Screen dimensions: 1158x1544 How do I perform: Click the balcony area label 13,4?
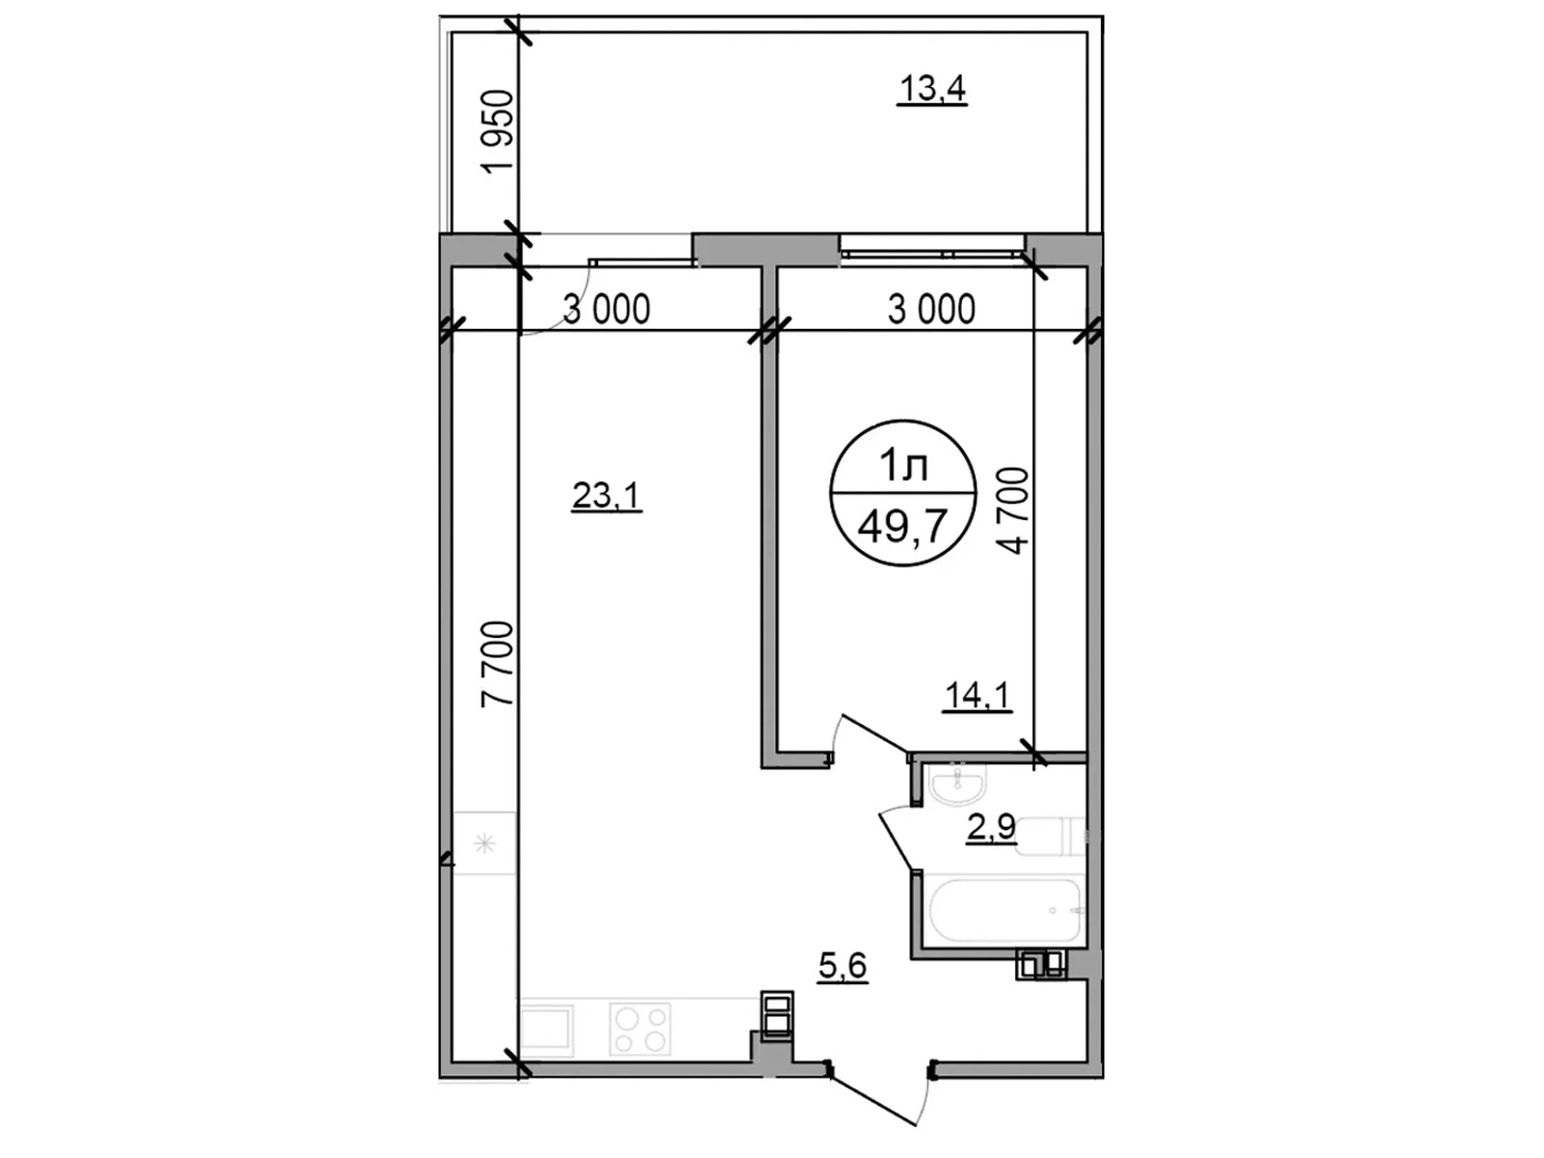[x=932, y=90]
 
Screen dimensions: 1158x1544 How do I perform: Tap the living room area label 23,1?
[x=607, y=496]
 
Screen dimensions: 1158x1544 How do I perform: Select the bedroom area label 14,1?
[x=978, y=695]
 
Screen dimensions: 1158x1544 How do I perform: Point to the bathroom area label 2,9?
[x=991, y=828]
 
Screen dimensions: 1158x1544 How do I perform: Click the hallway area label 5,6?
[x=842, y=965]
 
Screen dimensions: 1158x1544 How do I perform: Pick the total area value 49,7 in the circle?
[x=902, y=528]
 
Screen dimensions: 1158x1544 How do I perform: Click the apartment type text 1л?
[x=903, y=467]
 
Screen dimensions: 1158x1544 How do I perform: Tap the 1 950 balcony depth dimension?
[x=500, y=131]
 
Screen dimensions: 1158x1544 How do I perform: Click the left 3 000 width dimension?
[x=606, y=310]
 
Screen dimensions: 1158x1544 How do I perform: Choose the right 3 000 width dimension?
[x=931, y=310]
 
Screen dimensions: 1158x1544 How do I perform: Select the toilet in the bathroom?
[x=1050, y=836]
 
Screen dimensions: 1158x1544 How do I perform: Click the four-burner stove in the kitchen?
[x=640, y=1029]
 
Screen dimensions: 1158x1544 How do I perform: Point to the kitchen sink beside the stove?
[x=547, y=1029]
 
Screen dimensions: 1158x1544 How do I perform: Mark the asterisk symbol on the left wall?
[x=485, y=844]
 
